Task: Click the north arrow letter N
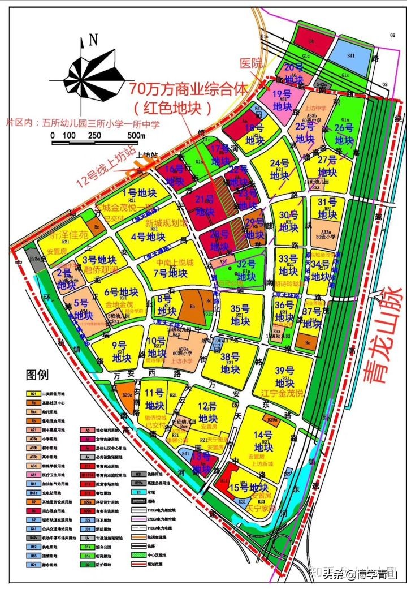[x=93, y=40]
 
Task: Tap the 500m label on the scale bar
[x=136, y=136]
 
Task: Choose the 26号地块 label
[x=344, y=134]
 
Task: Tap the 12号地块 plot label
[x=209, y=412]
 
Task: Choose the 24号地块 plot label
[x=279, y=168]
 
